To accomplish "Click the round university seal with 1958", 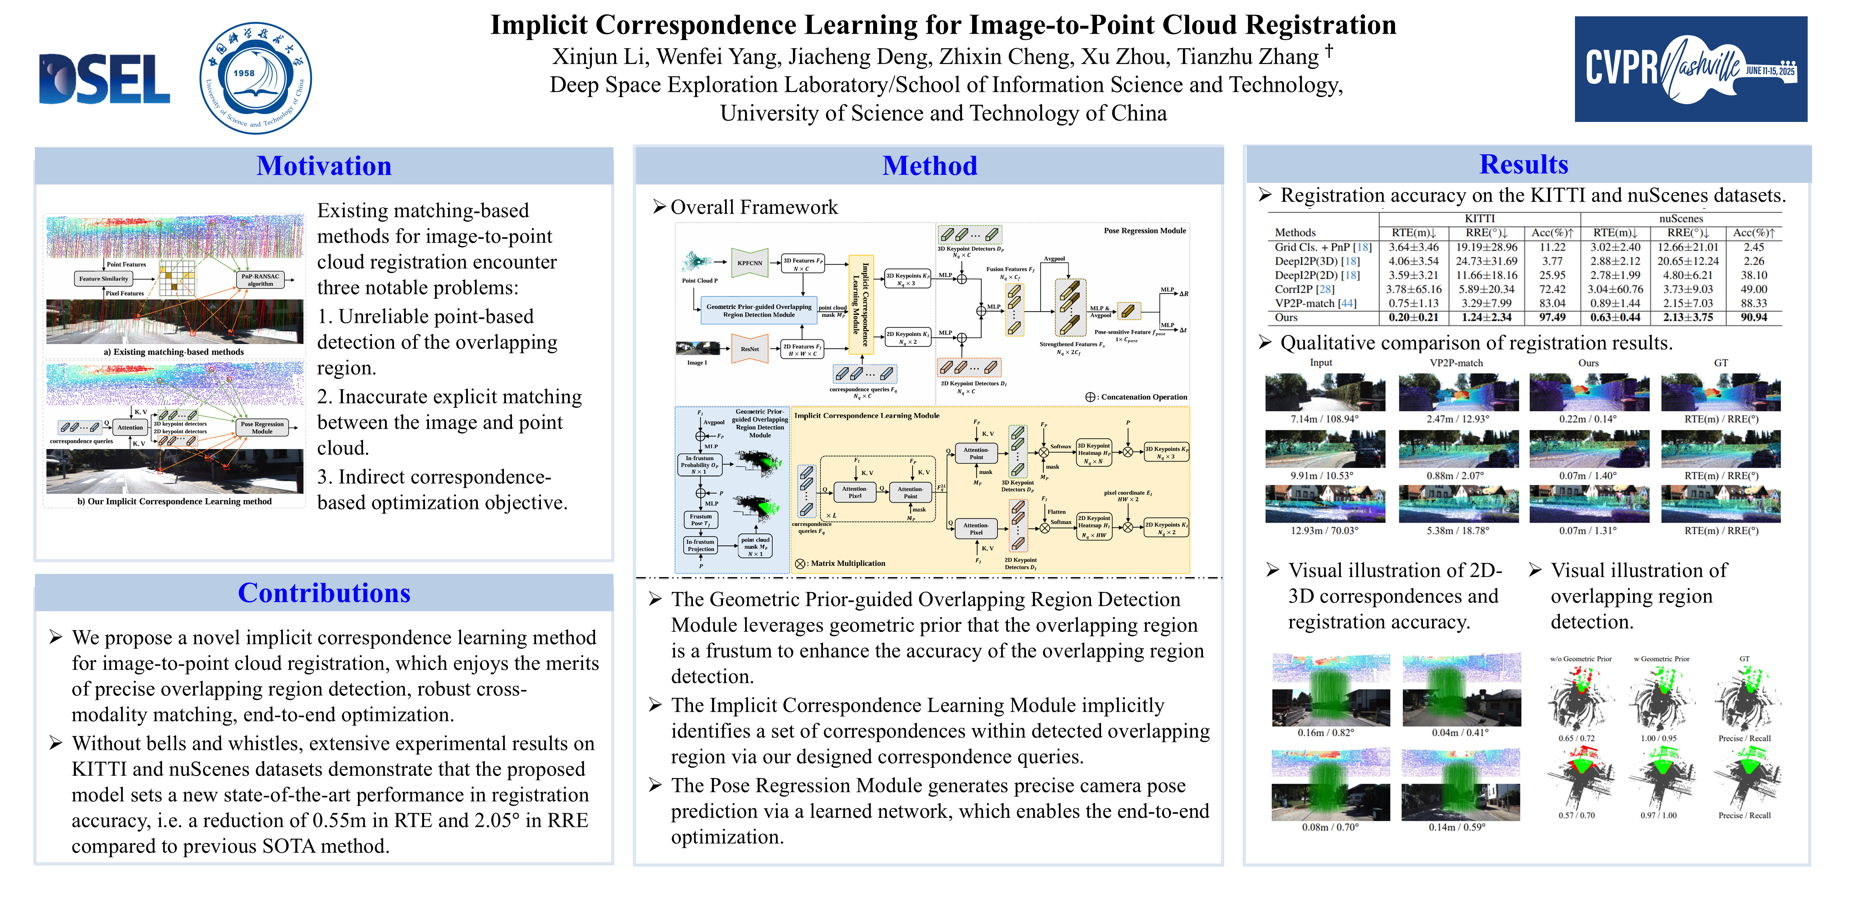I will click(256, 77).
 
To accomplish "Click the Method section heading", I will click(930, 166).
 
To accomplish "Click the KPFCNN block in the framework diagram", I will click(750, 263).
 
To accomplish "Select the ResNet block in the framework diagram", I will click(750, 349).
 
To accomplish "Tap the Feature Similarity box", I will click(104, 278).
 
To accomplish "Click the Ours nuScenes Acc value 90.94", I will click(1754, 317).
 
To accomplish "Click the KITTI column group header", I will click(1479, 218).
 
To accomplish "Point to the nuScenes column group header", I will click(1680, 218).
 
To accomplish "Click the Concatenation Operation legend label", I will click(1144, 397).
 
